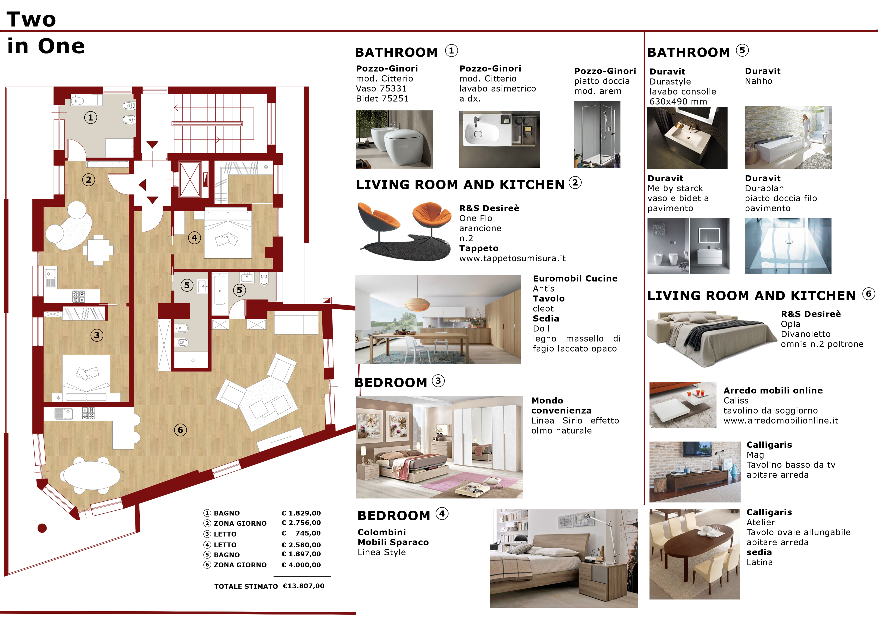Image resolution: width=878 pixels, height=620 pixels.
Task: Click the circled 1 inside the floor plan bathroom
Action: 91,118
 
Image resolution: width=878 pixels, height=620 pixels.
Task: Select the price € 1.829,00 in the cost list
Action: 301,513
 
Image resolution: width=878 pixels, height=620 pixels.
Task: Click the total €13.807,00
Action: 304,586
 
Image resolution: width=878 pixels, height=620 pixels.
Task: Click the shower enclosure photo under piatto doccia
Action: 597,134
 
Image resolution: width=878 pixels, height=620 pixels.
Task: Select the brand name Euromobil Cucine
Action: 575,278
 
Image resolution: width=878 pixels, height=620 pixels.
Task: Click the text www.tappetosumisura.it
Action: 512,258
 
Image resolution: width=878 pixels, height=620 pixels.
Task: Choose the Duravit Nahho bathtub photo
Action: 788,137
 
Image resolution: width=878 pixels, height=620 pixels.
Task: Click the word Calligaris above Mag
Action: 769,445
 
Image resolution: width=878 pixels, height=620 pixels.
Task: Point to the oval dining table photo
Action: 695,554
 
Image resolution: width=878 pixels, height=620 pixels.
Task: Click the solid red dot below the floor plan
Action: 42,528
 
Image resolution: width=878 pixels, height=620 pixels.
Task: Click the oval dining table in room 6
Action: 92,475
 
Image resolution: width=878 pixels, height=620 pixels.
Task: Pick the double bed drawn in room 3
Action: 86,378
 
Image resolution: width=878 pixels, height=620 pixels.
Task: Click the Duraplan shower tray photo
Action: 788,246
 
